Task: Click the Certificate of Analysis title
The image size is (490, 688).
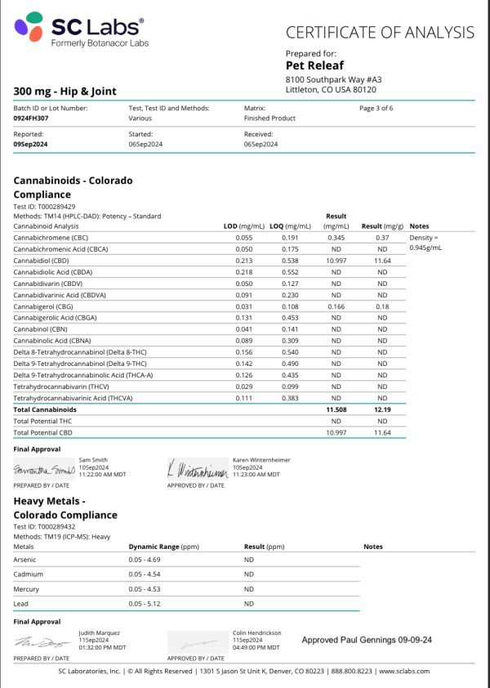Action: (380, 33)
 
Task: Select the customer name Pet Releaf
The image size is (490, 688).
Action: (315, 65)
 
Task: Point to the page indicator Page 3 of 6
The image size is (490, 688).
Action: (376, 108)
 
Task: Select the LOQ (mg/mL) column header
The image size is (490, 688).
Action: (291, 226)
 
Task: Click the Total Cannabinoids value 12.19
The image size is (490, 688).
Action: (382, 409)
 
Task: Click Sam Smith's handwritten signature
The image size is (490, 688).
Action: (44, 471)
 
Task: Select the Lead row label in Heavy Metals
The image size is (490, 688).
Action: (21, 603)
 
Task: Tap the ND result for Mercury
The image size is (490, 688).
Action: (249, 589)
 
